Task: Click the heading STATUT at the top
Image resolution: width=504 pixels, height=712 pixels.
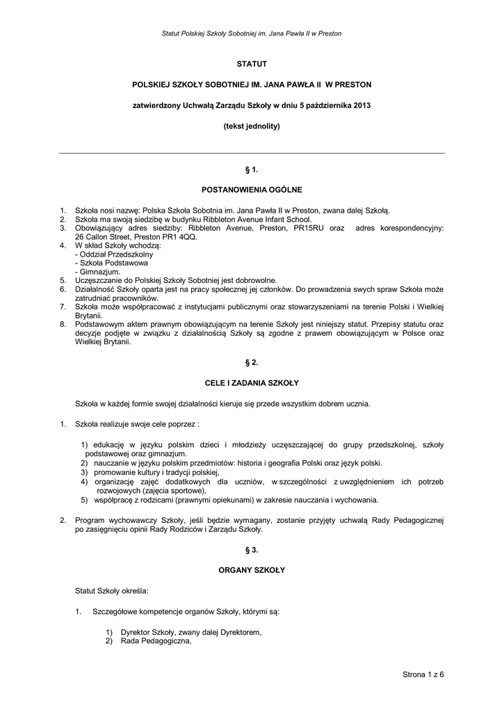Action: tap(252, 64)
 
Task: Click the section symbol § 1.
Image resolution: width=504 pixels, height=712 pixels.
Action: tap(252, 169)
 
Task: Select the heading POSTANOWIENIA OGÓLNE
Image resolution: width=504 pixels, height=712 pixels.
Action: tap(252, 189)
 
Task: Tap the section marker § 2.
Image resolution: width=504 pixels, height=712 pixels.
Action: tap(252, 363)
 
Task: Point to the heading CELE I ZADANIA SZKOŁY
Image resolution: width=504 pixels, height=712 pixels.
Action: tap(252, 383)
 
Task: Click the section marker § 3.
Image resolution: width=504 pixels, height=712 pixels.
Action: tap(252, 550)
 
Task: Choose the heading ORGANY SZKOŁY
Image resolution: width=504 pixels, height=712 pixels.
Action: tap(252, 570)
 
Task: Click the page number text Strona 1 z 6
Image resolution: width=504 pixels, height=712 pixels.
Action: tap(423, 674)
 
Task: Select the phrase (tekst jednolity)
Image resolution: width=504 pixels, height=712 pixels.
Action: tap(252, 127)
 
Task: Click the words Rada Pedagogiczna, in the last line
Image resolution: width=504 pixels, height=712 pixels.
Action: tap(156, 641)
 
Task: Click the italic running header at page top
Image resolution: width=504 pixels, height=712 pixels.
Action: tap(252, 33)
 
